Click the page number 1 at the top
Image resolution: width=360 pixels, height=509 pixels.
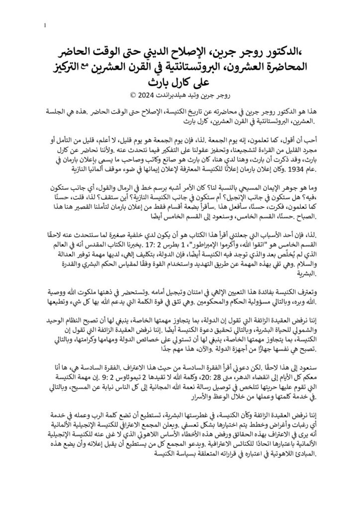[x=45, y=25]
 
